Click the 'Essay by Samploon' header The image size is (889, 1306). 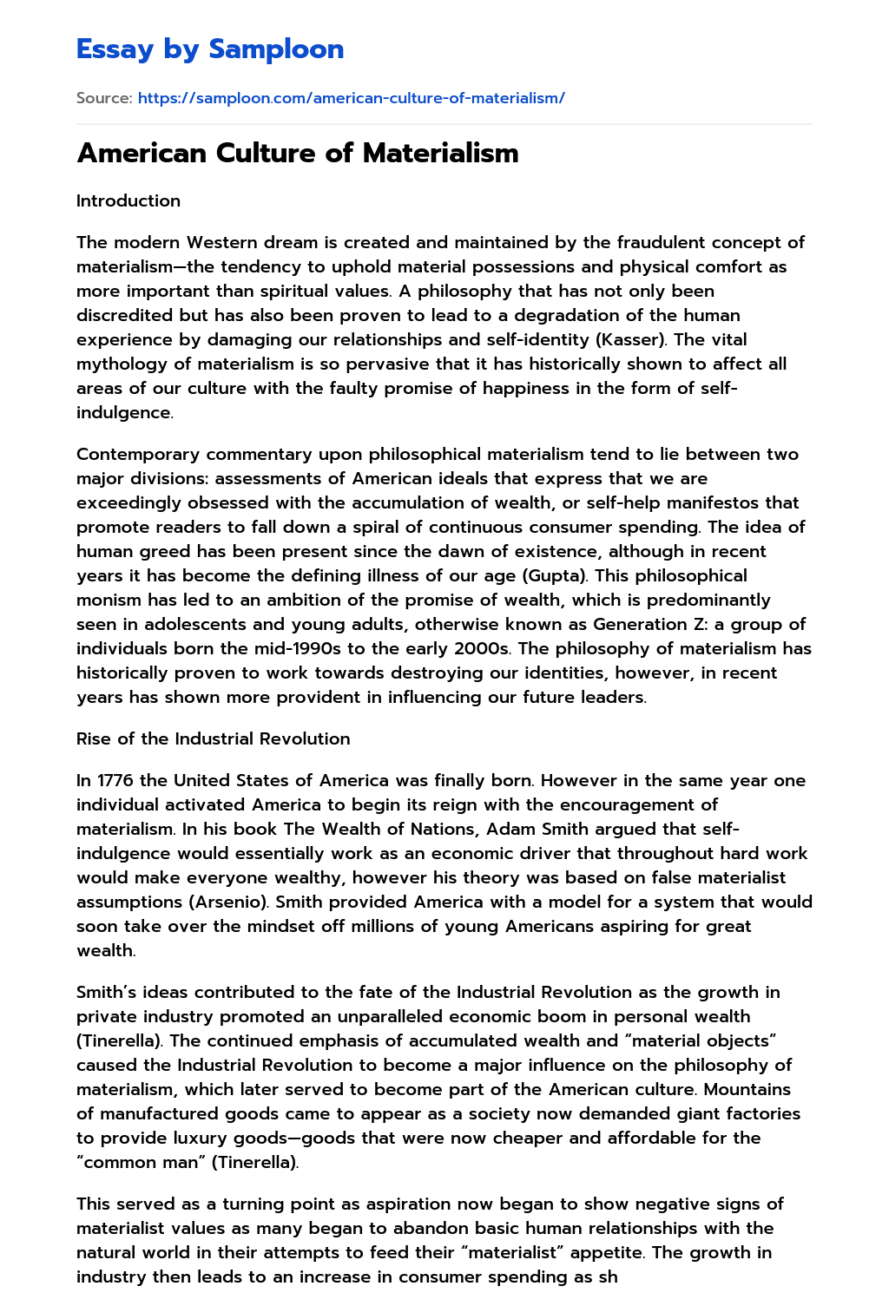point(210,49)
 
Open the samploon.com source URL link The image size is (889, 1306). point(351,98)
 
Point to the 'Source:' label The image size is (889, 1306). point(104,98)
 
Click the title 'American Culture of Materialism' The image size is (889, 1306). point(298,153)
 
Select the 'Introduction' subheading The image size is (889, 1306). point(128,200)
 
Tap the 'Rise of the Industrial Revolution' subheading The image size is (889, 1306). point(214,738)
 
